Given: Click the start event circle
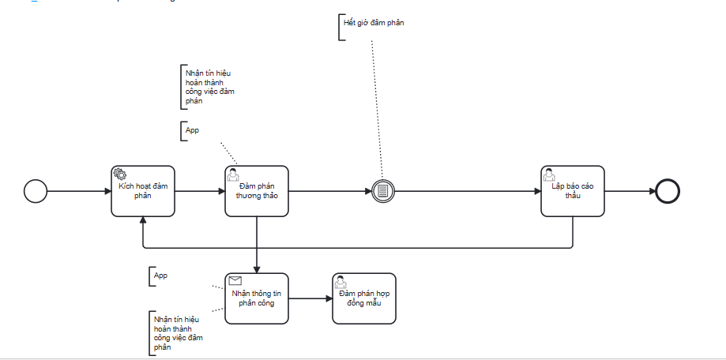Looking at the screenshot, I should pyautogui.click(x=36, y=191).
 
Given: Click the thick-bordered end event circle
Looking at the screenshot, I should pyautogui.click(x=668, y=191).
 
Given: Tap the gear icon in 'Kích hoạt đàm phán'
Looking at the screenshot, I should pyautogui.click(x=119, y=174).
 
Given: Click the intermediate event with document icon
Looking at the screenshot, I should pyautogui.click(x=382, y=191).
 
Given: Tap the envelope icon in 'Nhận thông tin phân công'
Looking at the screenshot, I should pyautogui.click(x=235, y=280).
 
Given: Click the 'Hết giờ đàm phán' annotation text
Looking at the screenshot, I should pyautogui.click(x=373, y=23).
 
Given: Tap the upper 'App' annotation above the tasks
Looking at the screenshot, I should pyautogui.click(x=192, y=130).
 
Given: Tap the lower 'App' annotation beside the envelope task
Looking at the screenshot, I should pyautogui.click(x=161, y=276).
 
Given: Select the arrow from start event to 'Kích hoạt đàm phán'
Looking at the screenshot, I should pyautogui.click(x=79, y=191).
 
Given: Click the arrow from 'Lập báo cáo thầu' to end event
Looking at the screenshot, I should pyautogui.click(x=630, y=191).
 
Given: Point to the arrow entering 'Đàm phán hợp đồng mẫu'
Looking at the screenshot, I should pyautogui.click(x=310, y=298).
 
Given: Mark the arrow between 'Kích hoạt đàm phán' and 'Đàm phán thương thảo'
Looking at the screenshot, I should pyautogui.click(x=200, y=191).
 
